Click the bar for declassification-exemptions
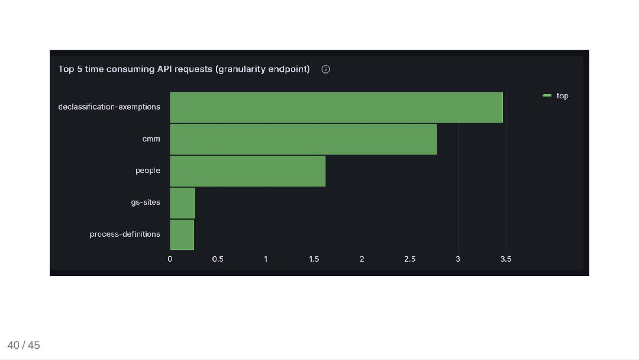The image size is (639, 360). pos(336,108)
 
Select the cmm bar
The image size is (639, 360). pos(303,139)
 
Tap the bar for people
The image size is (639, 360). pos(247,171)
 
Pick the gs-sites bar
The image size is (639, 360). pos(182,202)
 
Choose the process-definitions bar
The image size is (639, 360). pos(182,234)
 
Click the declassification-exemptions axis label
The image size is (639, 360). pos(109,107)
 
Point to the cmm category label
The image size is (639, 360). pos(151,139)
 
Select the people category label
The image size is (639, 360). pos(147,171)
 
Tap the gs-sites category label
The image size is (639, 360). pos(146,202)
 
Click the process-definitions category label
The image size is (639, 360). pos(125,234)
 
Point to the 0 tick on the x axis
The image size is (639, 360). pos(170,259)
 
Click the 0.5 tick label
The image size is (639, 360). pos(218,259)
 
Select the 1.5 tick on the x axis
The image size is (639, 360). pos(314,259)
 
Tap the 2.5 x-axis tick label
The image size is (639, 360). pos(409,259)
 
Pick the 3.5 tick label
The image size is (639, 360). pos(505,259)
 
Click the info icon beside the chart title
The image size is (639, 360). pos(325,69)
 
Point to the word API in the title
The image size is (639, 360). pos(164,69)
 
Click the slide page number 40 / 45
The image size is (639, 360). pos(24,345)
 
